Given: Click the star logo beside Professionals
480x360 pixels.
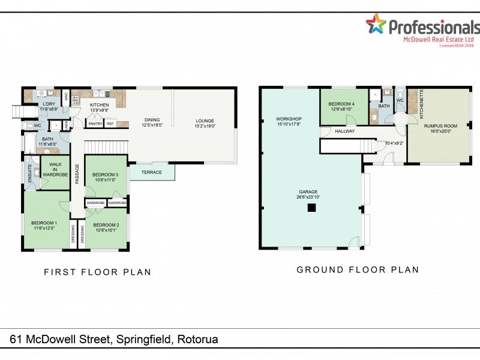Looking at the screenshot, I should pyautogui.click(x=376, y=24).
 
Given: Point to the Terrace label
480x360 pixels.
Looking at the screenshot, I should pyautogui.click(x=152, y=173).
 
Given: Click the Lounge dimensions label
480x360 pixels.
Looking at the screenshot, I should pyautogui.click(x=205, y=127).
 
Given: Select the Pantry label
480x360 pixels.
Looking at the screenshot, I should pyautogui.click(x=95, y=124).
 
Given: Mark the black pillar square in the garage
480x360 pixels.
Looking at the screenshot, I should pyautogui.click(x=311, y=208).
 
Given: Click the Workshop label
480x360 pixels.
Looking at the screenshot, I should pyautogui.click(x=289, y=119).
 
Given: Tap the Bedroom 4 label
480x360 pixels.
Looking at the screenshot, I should pyautogui.click(x=341, y=104).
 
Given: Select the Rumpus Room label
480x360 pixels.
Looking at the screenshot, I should pyautogui.click(x=440, y=126).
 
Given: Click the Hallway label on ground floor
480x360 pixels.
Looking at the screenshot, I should pyautogui.click(x=345, y=131).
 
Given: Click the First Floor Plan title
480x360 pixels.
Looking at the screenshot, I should pyautogui.click(x=98, y=272).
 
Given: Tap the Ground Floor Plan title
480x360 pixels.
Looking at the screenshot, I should pyautogui.click(x=358, y=270).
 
